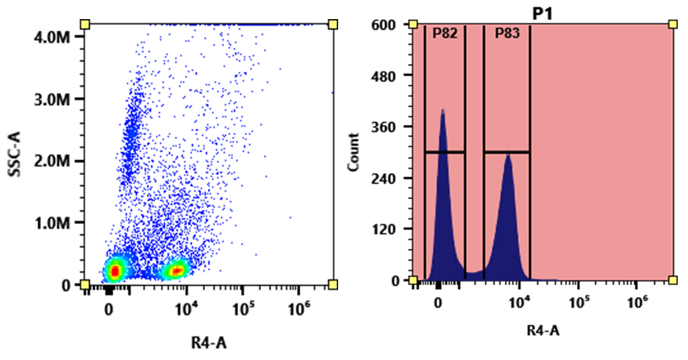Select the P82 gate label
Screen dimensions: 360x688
pos(445,34)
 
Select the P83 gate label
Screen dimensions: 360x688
pos(507,34)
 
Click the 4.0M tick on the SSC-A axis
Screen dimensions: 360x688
pos(57,36)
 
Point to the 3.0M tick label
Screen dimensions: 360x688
pos(57,98)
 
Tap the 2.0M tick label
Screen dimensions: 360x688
pos(57,161)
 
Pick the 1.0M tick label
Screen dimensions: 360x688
pos(57,223)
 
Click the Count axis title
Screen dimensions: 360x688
pos(355,152)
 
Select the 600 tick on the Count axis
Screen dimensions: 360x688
pos(387,25)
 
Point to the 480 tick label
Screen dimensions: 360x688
pos(387,76)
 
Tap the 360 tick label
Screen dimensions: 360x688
pos(387,127)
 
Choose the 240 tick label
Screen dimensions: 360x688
pos(387,178)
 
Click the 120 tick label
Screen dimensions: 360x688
pos(387,229)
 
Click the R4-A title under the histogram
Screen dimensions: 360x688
pos(543,331)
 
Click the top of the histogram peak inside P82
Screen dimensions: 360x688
pos(442,110)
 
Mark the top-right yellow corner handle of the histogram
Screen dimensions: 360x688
pos(673,25)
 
